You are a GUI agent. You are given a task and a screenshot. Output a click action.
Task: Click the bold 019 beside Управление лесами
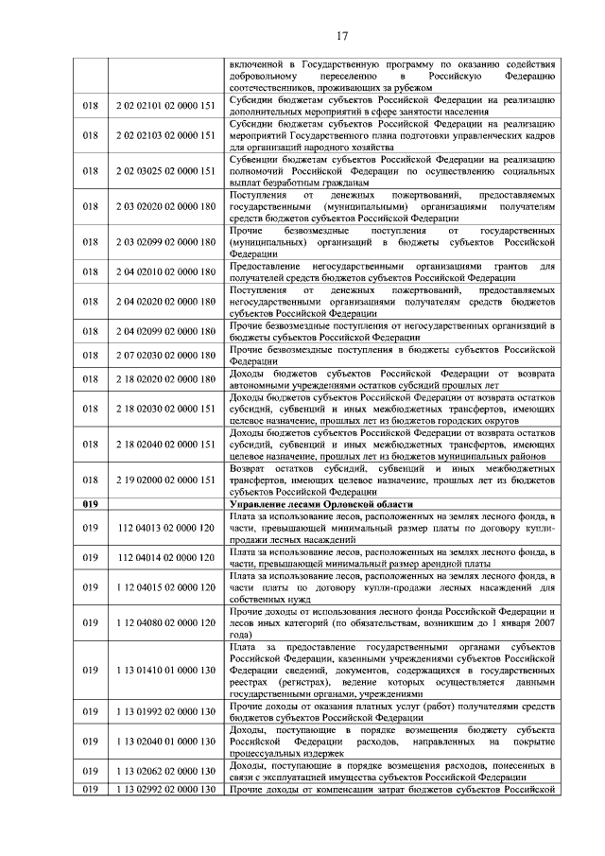click(x=91, y=504)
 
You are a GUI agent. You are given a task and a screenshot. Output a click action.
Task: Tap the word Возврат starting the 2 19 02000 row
click(x=252, y=468)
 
